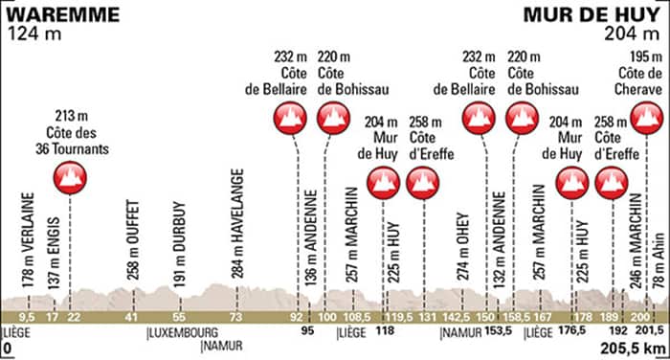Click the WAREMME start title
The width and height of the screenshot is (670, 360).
[64, 14]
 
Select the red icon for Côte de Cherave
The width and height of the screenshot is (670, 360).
[646, 119]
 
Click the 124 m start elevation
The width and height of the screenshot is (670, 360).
[32, 36]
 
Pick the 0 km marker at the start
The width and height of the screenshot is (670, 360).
[6, 345]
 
